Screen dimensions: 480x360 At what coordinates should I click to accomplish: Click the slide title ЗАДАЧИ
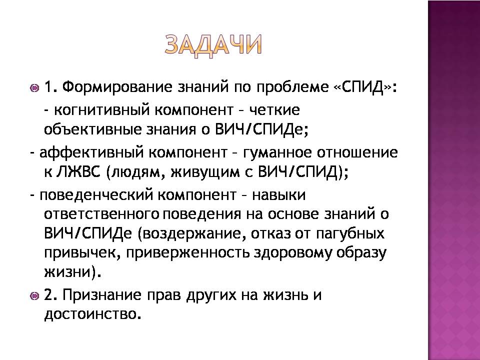[213, 45]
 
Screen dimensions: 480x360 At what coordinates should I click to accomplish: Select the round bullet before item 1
[34, 88]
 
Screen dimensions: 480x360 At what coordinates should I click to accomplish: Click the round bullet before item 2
[34, 296]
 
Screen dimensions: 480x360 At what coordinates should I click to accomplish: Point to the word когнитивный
[102, 110]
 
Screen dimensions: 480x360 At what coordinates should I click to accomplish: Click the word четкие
[274, 110]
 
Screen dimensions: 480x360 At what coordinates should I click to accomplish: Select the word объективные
[93, 129]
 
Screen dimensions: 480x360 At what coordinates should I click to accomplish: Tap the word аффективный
[91, 153]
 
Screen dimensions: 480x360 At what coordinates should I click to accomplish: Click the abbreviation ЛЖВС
[78, 172]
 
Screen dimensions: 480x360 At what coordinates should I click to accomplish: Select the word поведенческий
[96, 195]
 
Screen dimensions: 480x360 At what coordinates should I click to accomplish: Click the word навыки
[278, 195]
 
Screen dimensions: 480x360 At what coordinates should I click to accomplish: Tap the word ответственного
[101, 214]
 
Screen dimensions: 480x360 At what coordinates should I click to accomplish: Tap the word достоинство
[93, 314]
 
